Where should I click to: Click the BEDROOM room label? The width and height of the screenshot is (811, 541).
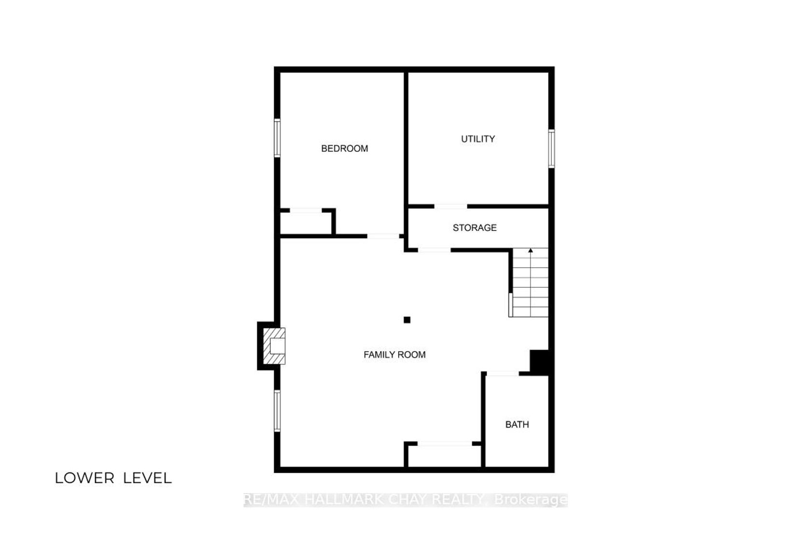coord(344,149)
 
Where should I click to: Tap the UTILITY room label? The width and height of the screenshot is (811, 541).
coord(477,139)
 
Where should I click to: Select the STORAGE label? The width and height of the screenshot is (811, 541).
coord(474,228)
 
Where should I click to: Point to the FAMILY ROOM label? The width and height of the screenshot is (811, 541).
coord(394,355)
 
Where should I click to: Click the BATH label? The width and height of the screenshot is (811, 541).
coord(517,424)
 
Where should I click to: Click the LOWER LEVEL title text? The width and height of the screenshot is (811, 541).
coord(113,478)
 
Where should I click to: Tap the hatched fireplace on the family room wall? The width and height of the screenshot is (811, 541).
coord(274,346)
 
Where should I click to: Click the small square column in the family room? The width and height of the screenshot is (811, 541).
coord(407,320)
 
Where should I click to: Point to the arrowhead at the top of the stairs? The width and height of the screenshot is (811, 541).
coord(531,250)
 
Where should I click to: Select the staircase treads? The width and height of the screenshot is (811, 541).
coord(531,282)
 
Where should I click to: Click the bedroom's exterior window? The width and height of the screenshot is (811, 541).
coord(277,138)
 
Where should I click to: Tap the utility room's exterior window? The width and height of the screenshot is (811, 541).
coord(551,149)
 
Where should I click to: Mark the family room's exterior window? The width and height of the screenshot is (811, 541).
coord(277,411)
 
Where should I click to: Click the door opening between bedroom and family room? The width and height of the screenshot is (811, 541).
coord(383,236)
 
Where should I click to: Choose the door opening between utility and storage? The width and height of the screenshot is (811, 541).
coord(450,207)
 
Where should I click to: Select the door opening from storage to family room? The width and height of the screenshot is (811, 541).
coord(434,250)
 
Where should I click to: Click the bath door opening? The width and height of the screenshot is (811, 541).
coord(503,373)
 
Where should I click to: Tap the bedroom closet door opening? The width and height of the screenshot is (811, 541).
coord(306,210)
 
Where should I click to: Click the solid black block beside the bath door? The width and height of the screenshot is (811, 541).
coord(540,362)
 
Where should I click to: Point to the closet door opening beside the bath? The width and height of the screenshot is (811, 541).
coord(445,443)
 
